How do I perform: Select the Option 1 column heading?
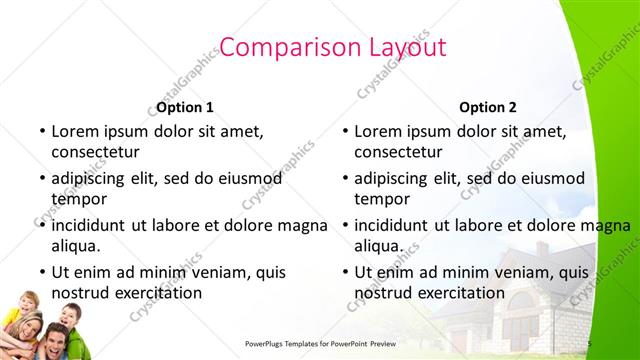[x=185, y=107]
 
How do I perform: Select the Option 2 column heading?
[x=488, y=107]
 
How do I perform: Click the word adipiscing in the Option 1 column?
[x=93, y=178]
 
